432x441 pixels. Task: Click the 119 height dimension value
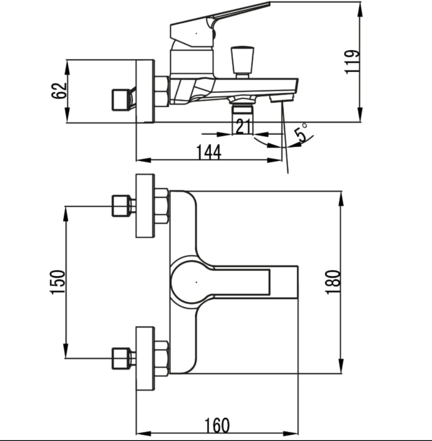[352, 62]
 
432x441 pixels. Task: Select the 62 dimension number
[59, 91]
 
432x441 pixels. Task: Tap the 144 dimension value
[209, 152]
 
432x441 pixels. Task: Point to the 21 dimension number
[243, 126]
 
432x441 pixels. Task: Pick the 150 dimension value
[57, 282]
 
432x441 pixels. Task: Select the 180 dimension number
[333, 282]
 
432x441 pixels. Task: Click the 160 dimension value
[217, 426]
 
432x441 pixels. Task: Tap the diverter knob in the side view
[242, 62]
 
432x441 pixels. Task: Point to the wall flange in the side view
[145, 91]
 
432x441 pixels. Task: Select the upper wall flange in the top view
[145, 206]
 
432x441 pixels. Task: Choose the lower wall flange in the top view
[145, 359]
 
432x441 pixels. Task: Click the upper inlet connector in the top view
[123, 206]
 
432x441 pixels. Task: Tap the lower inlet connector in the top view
[123, 359]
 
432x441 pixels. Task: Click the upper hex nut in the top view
[162, 206]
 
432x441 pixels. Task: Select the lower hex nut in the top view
[162, 359]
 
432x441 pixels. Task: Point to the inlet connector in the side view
[124, 100]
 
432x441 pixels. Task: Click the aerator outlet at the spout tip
[281, 98]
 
